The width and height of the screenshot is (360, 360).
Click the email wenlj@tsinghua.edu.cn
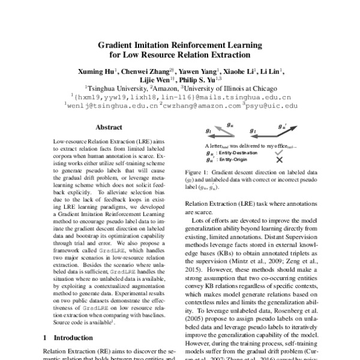(111, 105)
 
